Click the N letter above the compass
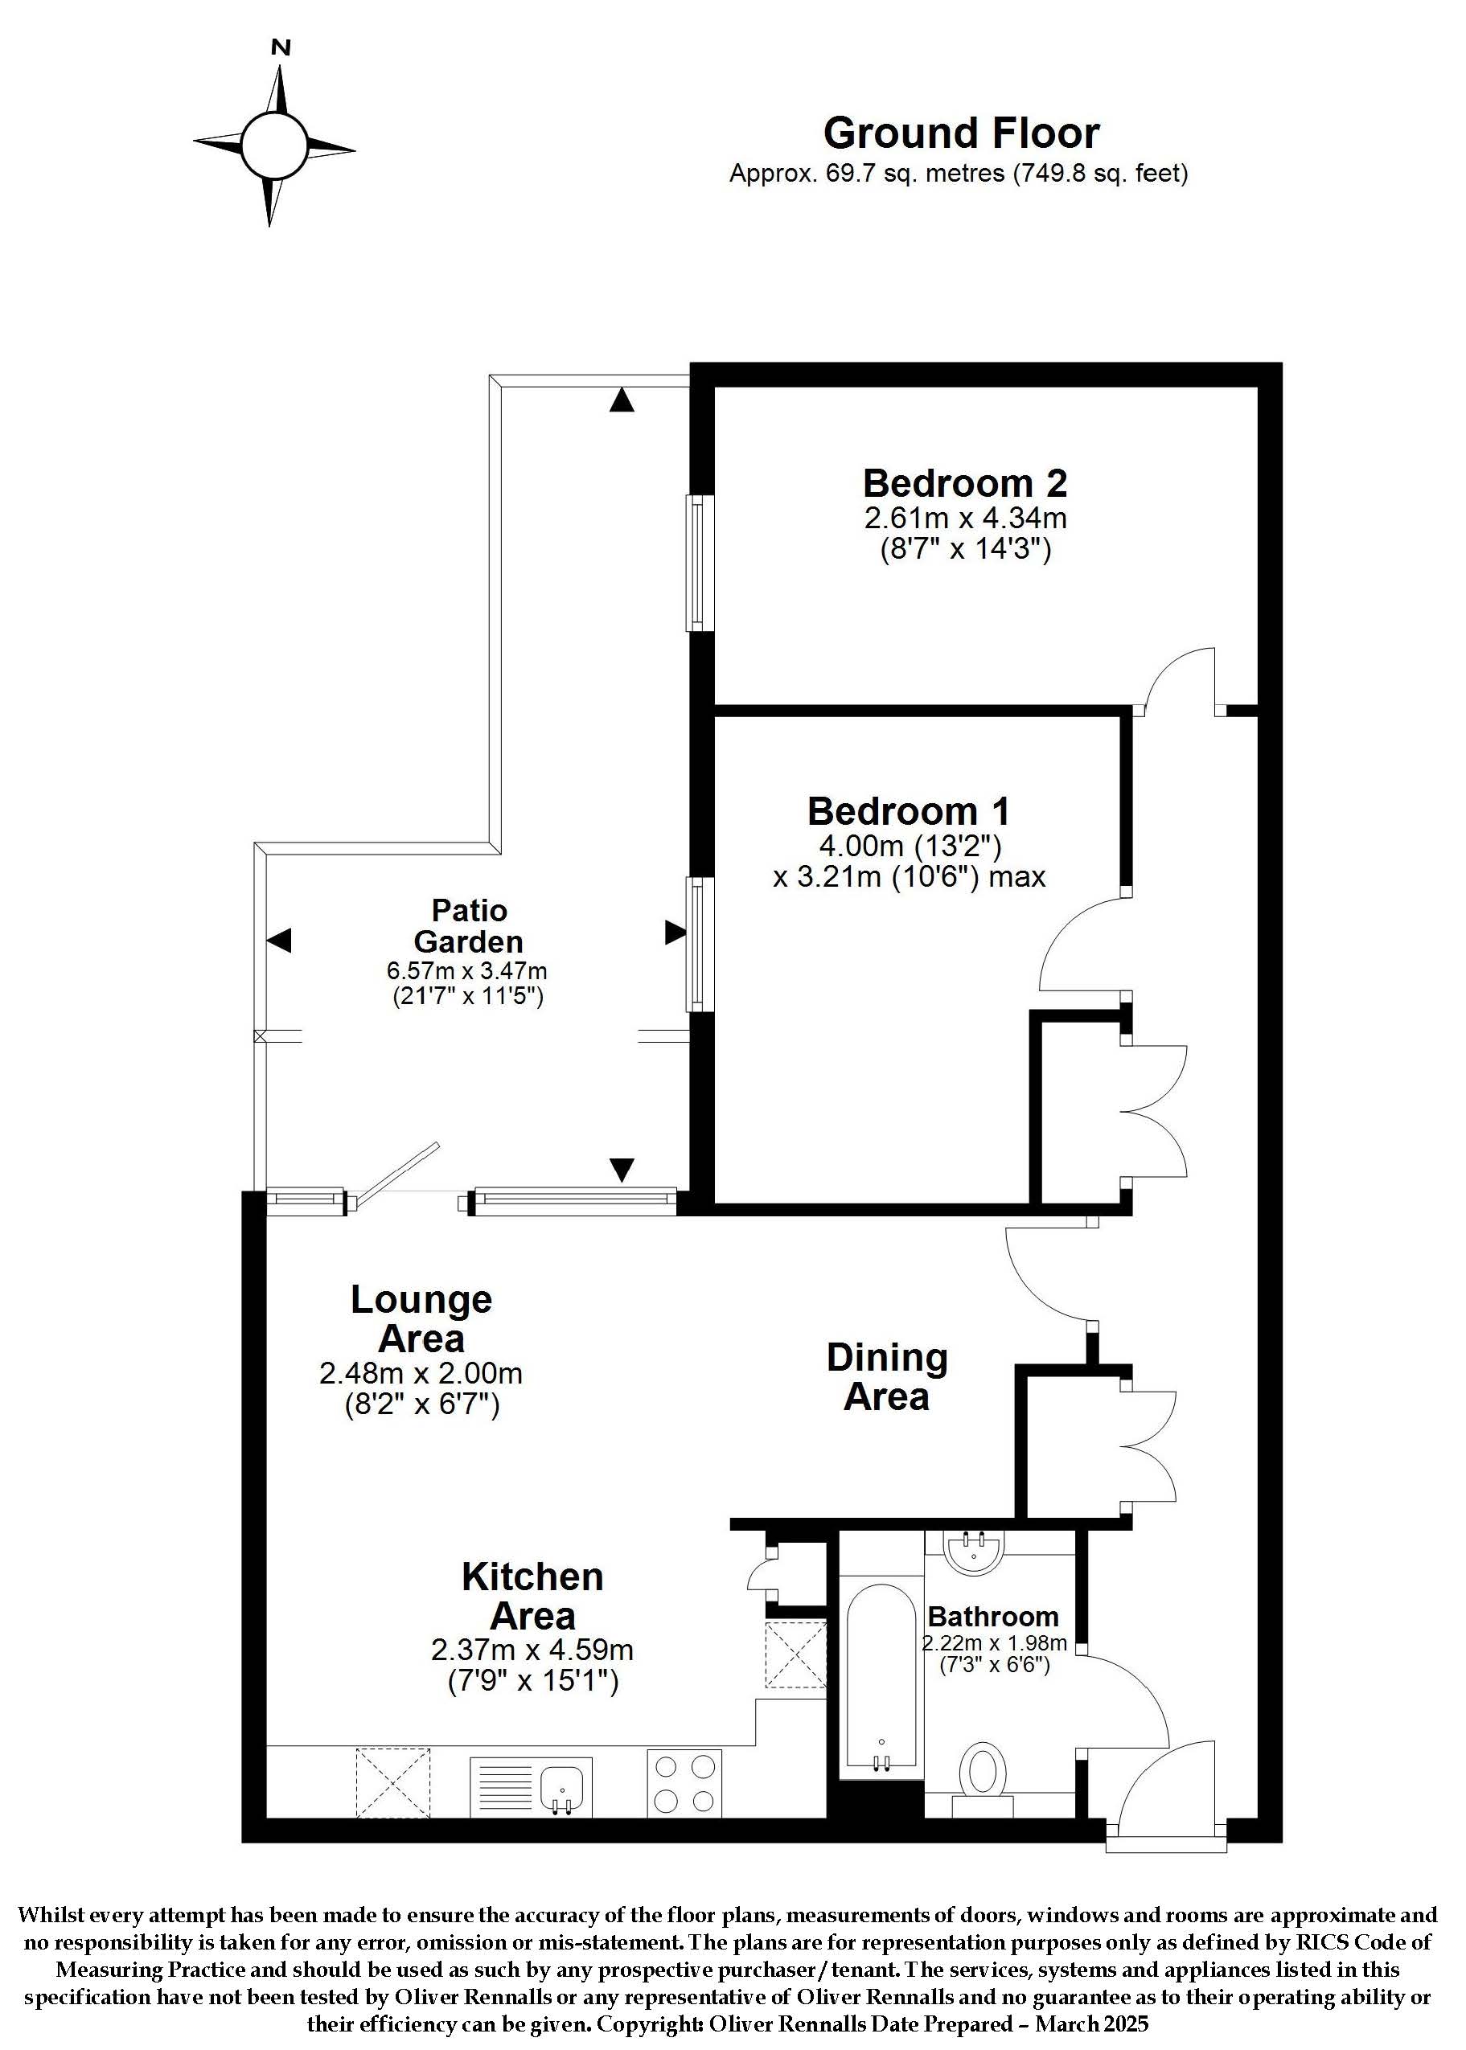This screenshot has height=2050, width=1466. coord(281,47)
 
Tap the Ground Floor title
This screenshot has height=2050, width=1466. coord(962,133)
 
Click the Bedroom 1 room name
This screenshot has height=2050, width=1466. coord(908,810)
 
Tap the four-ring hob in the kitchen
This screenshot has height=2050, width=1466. coord(684,1782)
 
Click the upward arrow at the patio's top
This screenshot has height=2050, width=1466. coord(621,400)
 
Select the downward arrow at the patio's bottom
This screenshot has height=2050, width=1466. coord(621,1171)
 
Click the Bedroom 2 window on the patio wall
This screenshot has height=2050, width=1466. coord(700,563)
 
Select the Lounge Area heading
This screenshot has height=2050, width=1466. coord(421,1319)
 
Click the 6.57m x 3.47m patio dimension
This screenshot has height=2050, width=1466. coord(467,971)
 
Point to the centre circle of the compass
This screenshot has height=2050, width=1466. coord(274,146)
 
